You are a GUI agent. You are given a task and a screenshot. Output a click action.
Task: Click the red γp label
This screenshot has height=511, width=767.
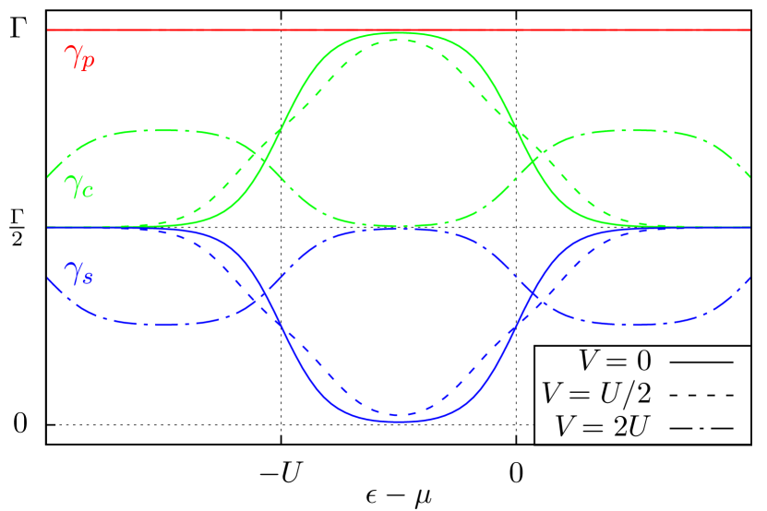[x=79, y=57]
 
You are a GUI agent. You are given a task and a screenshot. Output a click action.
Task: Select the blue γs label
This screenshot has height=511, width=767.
[x=78, y=272]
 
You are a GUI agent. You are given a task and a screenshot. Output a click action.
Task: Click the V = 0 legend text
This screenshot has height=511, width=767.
[x=615, y=361]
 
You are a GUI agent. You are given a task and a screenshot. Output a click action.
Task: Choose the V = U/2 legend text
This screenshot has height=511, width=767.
[x=596, y=394]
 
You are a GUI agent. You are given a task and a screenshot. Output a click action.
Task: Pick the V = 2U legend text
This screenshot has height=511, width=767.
[x=604, y=426]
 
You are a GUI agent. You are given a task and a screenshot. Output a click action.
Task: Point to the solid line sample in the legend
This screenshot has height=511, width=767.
[x=701, y=362]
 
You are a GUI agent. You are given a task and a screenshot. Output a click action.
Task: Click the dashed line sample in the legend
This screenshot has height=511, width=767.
[x=701, y=395]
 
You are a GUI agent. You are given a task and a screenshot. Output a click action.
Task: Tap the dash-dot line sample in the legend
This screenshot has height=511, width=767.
[x=701, y=427]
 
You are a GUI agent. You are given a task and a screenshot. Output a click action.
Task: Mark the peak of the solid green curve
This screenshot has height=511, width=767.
[x=399, y=32]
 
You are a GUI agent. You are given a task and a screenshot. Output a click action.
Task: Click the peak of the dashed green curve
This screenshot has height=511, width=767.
[x=397, y=41]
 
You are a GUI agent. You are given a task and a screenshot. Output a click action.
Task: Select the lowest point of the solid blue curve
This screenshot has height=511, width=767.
[x=399, y=422]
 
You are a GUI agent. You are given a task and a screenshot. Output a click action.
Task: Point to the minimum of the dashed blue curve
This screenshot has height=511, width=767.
[x=397, y=414]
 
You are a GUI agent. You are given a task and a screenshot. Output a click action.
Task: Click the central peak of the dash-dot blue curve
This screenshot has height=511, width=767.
[x=397, y=229]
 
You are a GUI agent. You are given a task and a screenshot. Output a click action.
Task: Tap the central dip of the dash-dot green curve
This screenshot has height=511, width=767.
[x=397, y=225]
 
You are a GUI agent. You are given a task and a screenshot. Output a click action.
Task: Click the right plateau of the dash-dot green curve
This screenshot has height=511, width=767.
[x=637, y=131]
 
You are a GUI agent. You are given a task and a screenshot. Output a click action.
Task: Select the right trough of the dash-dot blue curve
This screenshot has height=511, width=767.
[x=637, y=324]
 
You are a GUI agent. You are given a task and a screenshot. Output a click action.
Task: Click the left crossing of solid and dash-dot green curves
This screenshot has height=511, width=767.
[x=269, y=163]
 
